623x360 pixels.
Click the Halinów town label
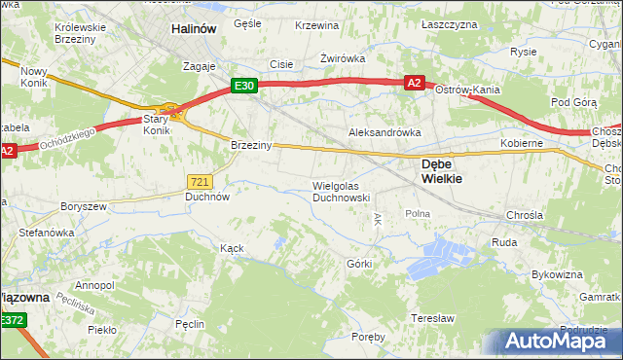coord(193,29)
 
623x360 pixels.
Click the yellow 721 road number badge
coord(199,181)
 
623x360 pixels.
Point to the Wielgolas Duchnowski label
coord(340,191)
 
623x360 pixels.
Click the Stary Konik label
coord(157,125)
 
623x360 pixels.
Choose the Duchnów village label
coord(207,196)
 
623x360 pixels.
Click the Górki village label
coord(359,264)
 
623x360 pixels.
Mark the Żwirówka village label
coord(343,58)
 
